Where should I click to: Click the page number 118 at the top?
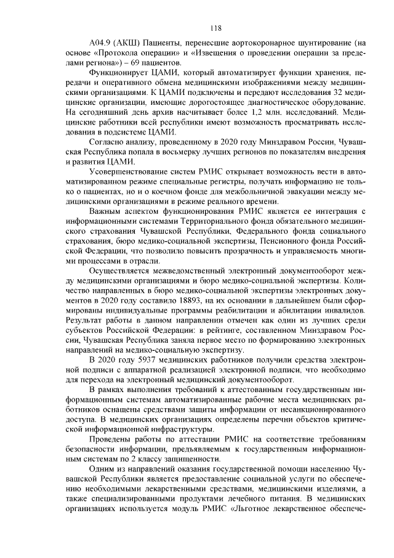[215, 28]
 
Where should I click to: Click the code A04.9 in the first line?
[101, 44]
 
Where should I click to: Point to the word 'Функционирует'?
[118, 73]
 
